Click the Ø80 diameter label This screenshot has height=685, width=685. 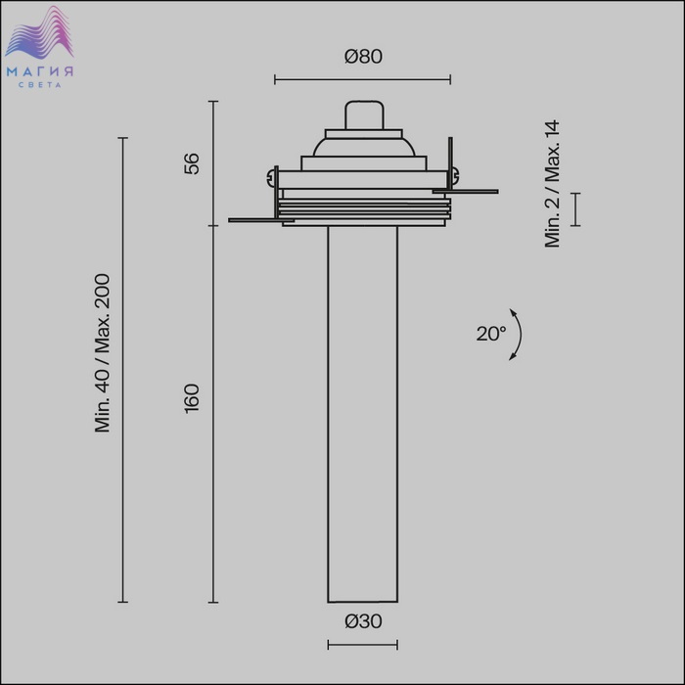click(x=363, y=57)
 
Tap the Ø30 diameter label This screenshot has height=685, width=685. click(x=363, y=620)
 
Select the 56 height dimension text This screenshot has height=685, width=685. click(x=192, y=163)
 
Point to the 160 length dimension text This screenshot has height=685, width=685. click(x=192, y=398)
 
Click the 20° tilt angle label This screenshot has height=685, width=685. click(x=490, y=334)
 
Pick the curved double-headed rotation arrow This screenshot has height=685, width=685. click(x=521, y=335)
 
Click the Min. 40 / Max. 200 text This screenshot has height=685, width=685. click(x=103, y=353)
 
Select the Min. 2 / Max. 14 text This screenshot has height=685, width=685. click(x=552, y=184)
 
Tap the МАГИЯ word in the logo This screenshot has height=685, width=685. click(x=40, y=71)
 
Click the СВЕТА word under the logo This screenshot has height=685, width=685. click(x=40, y=85)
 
